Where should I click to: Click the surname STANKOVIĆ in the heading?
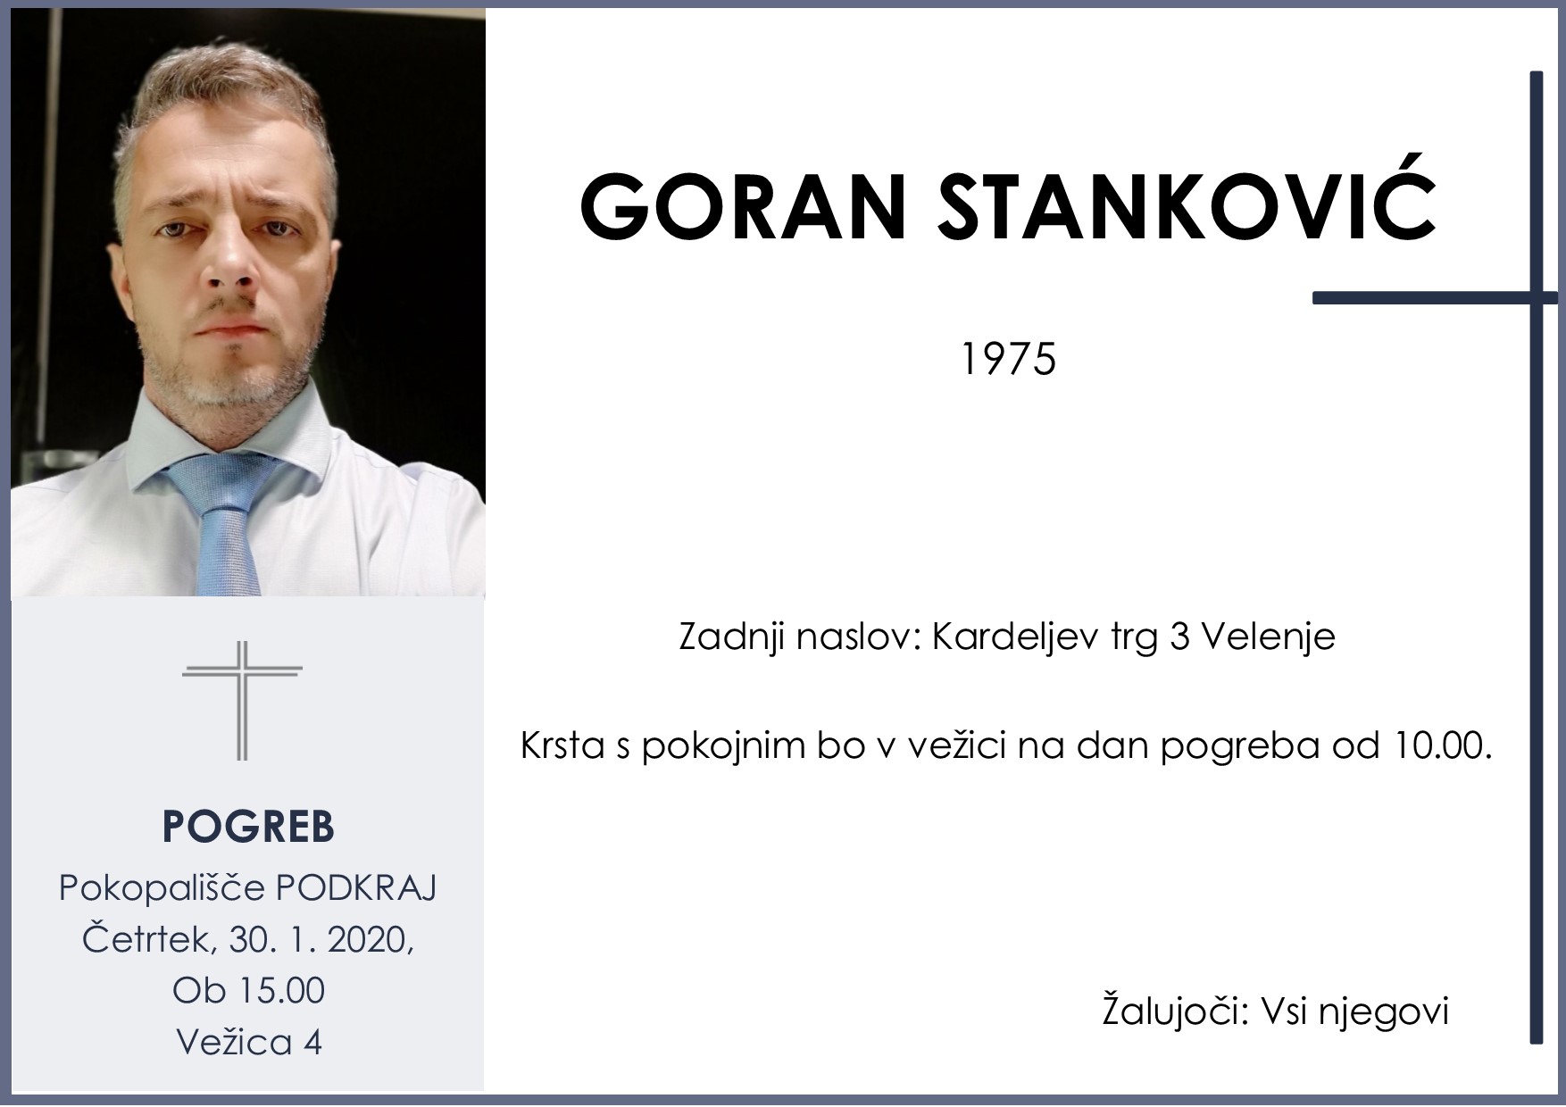click(x=1183, y=207)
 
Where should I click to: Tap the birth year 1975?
click(x=1008, y=360)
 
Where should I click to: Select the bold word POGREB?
click(x=248, y=828)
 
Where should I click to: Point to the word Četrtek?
click(x=150, y=939)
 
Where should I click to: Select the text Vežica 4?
click(x=248, y=1042)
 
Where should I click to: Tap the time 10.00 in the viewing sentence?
click(x=1438, y=745)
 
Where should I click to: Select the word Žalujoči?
click(x=1173, y=1012)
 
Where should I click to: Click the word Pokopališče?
click(x=162, y=888)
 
